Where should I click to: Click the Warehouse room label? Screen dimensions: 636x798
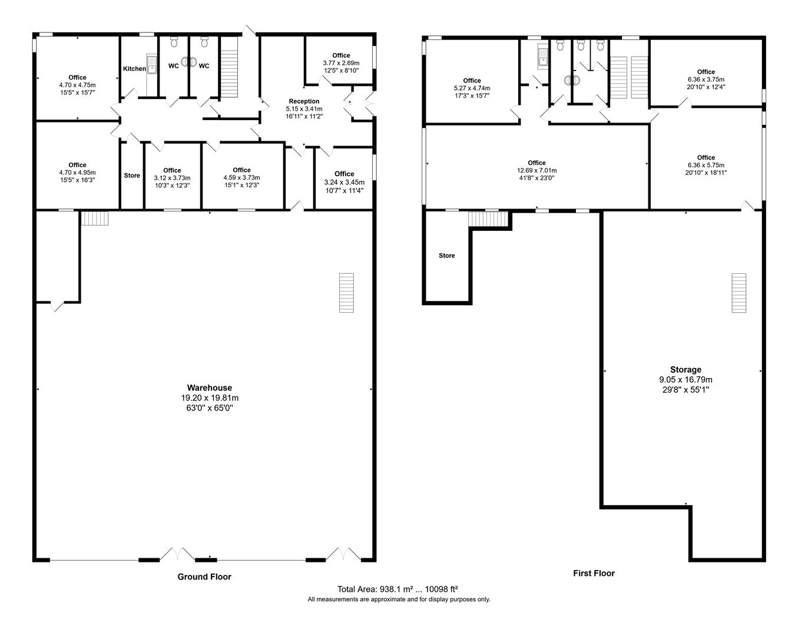coord(209,387)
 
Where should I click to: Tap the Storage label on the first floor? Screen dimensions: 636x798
coord(686,370)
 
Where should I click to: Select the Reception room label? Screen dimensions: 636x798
coord(304,101)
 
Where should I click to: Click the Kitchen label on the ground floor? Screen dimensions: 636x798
coord(134,69)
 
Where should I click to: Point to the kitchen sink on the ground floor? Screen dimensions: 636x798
coord(152,65)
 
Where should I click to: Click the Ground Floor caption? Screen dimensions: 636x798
coord(204,577)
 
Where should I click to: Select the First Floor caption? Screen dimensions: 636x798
coord(594,573)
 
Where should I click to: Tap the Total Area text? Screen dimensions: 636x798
coord(398,589)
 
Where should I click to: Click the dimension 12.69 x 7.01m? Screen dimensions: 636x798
coord(537,171)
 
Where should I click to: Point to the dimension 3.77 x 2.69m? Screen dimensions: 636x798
coord(341,63)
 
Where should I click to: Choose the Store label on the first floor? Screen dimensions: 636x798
coord(447,256)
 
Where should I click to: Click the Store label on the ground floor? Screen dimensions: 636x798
coord(132,175)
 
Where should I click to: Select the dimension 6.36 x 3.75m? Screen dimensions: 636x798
coord(706,79)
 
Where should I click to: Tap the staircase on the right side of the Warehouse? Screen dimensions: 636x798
coord(346,293)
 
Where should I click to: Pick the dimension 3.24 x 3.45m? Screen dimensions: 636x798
coord(344,182)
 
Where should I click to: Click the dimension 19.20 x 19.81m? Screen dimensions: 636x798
coord(209,397)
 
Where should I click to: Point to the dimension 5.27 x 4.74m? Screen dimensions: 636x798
coord(472,88)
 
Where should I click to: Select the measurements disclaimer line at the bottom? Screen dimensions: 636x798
coord(399,599)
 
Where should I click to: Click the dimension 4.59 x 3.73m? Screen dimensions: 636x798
coord(241,177)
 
